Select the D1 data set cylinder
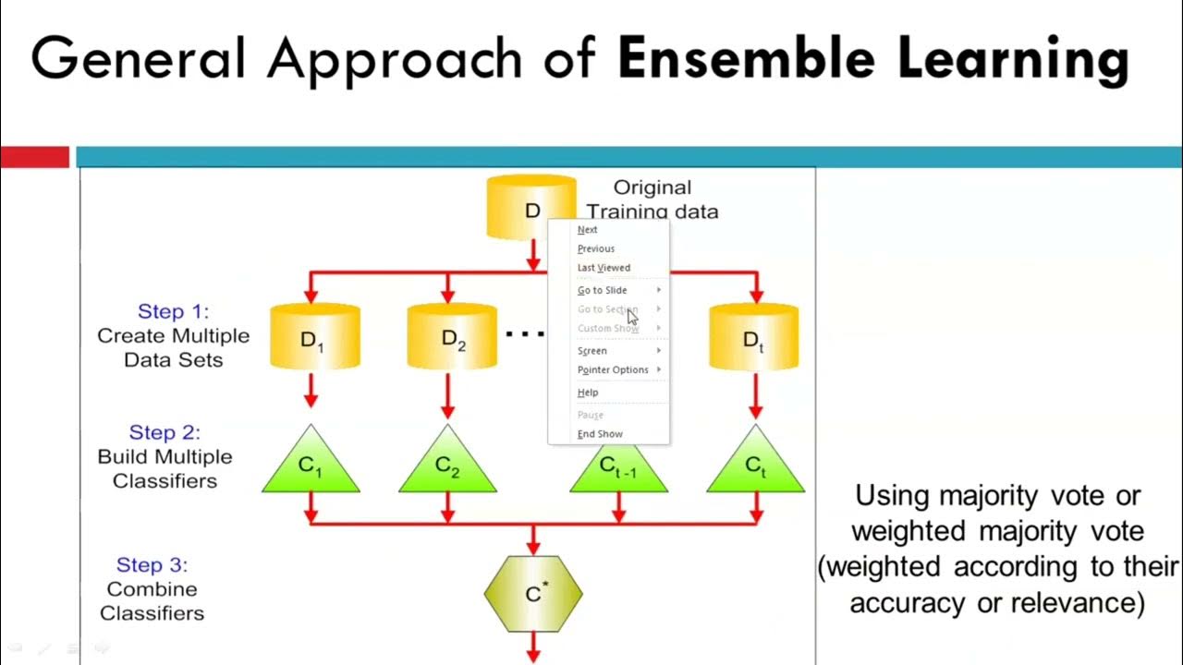click(x=314, y=338)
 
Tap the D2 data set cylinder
click(x=451, y=338)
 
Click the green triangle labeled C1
click(x=311, y=466)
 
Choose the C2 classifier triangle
click(x=447, y=466)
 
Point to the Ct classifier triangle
click(x=755, y=466)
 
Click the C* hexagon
click(x=533, y=594)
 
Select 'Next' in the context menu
click(x=588, y=230)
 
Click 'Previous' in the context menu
click(x=596, y=248)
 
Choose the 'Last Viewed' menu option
click(x=604, y=268)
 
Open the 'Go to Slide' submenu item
click(x=603, y=290)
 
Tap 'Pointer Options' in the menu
click(x=613, y=369)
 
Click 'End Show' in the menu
click(x=600, y=434)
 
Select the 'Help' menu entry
click(x=588, y=393)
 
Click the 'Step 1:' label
click(x=173, y=311)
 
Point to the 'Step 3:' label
click(x=152, y=564)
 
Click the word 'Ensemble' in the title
click(x=745, y=58)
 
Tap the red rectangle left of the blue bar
click(x=34, y=158)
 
